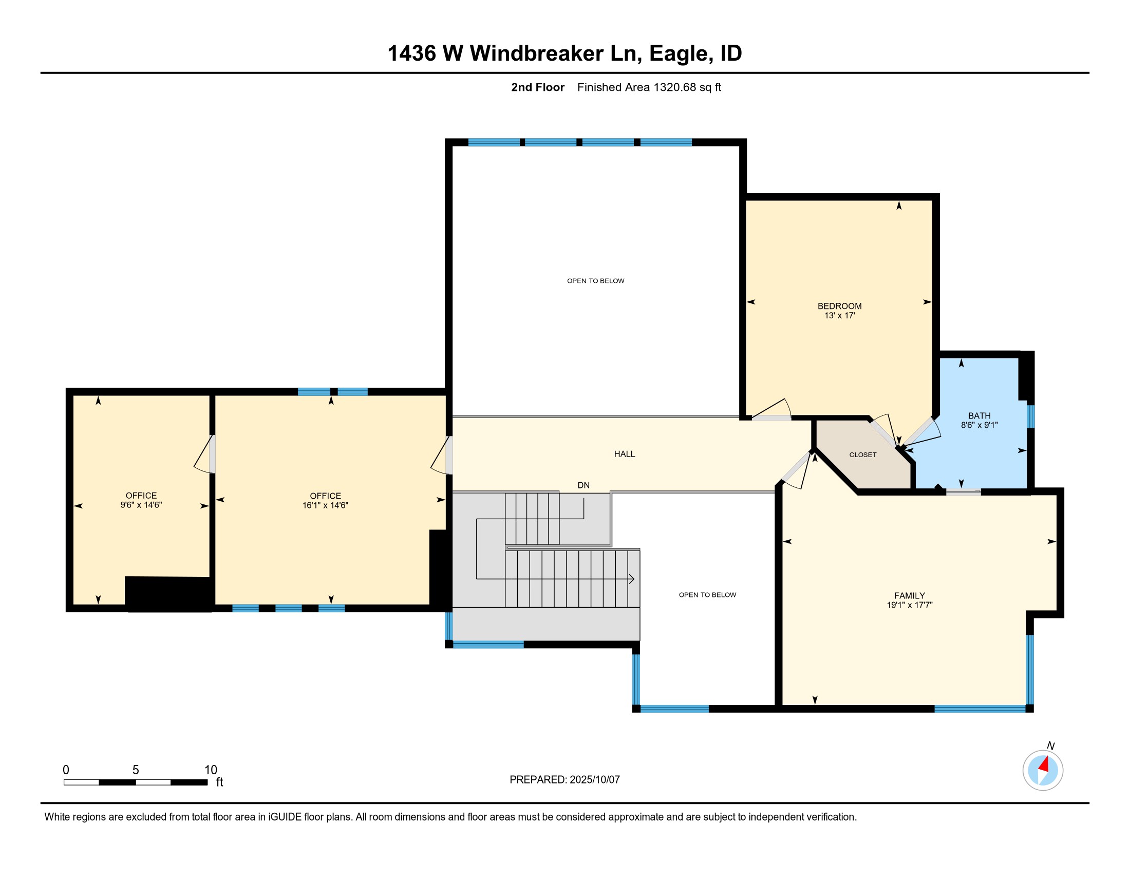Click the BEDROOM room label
[x=839, y=306]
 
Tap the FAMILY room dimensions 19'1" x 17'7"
[x=909, y=605]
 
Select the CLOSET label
[x=862, y=454]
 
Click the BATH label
[x=979, y=416]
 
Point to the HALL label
[x=624, y=454]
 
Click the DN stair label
[x=583, y=485]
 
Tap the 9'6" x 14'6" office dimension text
[x=141, y=505]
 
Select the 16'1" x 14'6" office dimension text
[x=325, y=505]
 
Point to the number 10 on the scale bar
[x=211, y=770]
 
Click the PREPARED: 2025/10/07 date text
[x=564, y=780]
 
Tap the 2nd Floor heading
[x=538, y=87]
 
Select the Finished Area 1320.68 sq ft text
[x=649, y=87]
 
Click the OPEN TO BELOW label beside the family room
[x=707, y=595]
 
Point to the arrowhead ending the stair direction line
[x=632, y=579]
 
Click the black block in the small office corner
[x=168, y=593]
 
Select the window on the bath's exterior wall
[x=1030, y=416]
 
